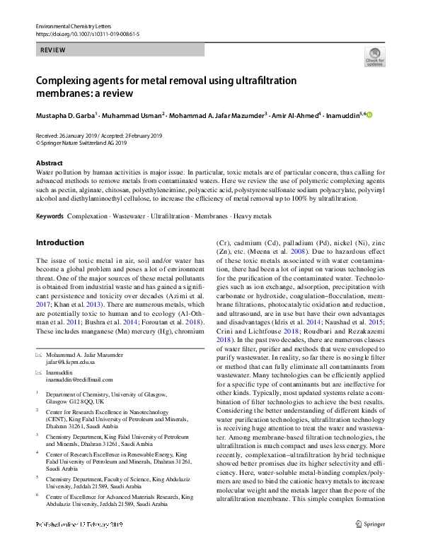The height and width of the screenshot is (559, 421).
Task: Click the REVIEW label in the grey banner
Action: tap(54, 51)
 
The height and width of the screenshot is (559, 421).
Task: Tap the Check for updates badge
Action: tap(374, 57)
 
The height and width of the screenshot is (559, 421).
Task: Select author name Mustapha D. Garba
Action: tap(65, 114)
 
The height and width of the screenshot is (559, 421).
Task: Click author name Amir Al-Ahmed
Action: tap(294, 114)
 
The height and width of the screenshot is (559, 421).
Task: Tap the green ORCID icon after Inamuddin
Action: tap(368, 114)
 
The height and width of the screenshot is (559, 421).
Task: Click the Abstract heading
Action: tap(49, 163)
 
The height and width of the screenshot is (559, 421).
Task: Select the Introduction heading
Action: tap(59, 242)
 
